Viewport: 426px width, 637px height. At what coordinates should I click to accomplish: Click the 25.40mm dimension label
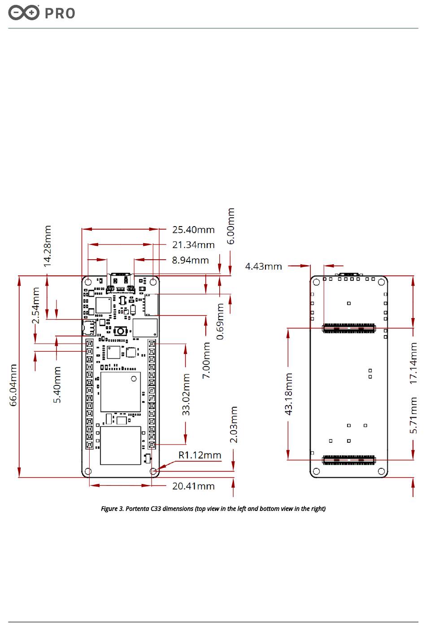tap(193, 230)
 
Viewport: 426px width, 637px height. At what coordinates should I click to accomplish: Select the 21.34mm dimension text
tap(193, 245)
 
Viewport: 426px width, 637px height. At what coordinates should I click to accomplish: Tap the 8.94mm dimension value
tap(190, 260)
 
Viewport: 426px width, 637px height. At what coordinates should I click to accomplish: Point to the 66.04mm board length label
tap(14, 385)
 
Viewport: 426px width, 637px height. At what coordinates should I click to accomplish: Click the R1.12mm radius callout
tap(200, 455)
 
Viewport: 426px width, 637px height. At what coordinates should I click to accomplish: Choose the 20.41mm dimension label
tap(193, 486)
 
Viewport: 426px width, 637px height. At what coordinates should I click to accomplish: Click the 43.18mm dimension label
tap(289, 394)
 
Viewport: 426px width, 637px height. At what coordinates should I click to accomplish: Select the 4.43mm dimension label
tap(263, 266)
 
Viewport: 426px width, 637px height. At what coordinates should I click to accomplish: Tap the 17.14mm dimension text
tap(413, 363)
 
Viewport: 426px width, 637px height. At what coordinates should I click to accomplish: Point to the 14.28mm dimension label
tap(48, 246)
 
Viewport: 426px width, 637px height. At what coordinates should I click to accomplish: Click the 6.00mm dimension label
tap(231, 226)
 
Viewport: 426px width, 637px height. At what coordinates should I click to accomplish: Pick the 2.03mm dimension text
tap(234, 425)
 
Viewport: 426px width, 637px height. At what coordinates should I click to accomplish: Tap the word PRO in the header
tap(60, 13)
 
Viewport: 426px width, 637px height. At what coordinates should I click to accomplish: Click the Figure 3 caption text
tap(213, 509)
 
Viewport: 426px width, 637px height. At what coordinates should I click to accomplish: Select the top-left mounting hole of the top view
tap(88, 282)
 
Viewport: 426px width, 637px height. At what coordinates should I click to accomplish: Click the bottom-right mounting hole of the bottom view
tap(382, 471)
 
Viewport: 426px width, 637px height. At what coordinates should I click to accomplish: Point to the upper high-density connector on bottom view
tap(349, 329)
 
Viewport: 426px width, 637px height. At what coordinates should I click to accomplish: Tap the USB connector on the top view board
tap(121, 275)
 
